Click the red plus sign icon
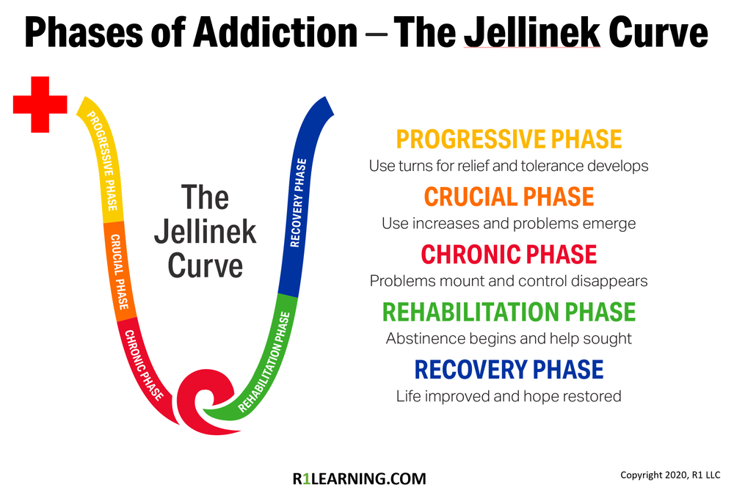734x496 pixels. point(40,105)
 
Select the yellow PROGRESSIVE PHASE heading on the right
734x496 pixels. point(509,139)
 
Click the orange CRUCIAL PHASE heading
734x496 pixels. point(509,197)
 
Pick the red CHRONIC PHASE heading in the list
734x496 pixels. point(509,255)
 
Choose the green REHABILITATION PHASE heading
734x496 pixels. point(509,312)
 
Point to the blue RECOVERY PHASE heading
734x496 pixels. point(509,369)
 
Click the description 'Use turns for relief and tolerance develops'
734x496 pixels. point(509,166)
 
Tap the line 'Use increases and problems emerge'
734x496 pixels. point(509,223)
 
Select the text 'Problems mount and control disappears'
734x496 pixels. point(509,281)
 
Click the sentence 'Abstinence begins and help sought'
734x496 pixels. point(509,338)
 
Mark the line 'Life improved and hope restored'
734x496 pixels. point(509,396)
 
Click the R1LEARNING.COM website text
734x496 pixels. point(359,478)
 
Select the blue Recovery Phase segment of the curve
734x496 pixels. point(302,198)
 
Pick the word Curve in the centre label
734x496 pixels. point(205,265)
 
